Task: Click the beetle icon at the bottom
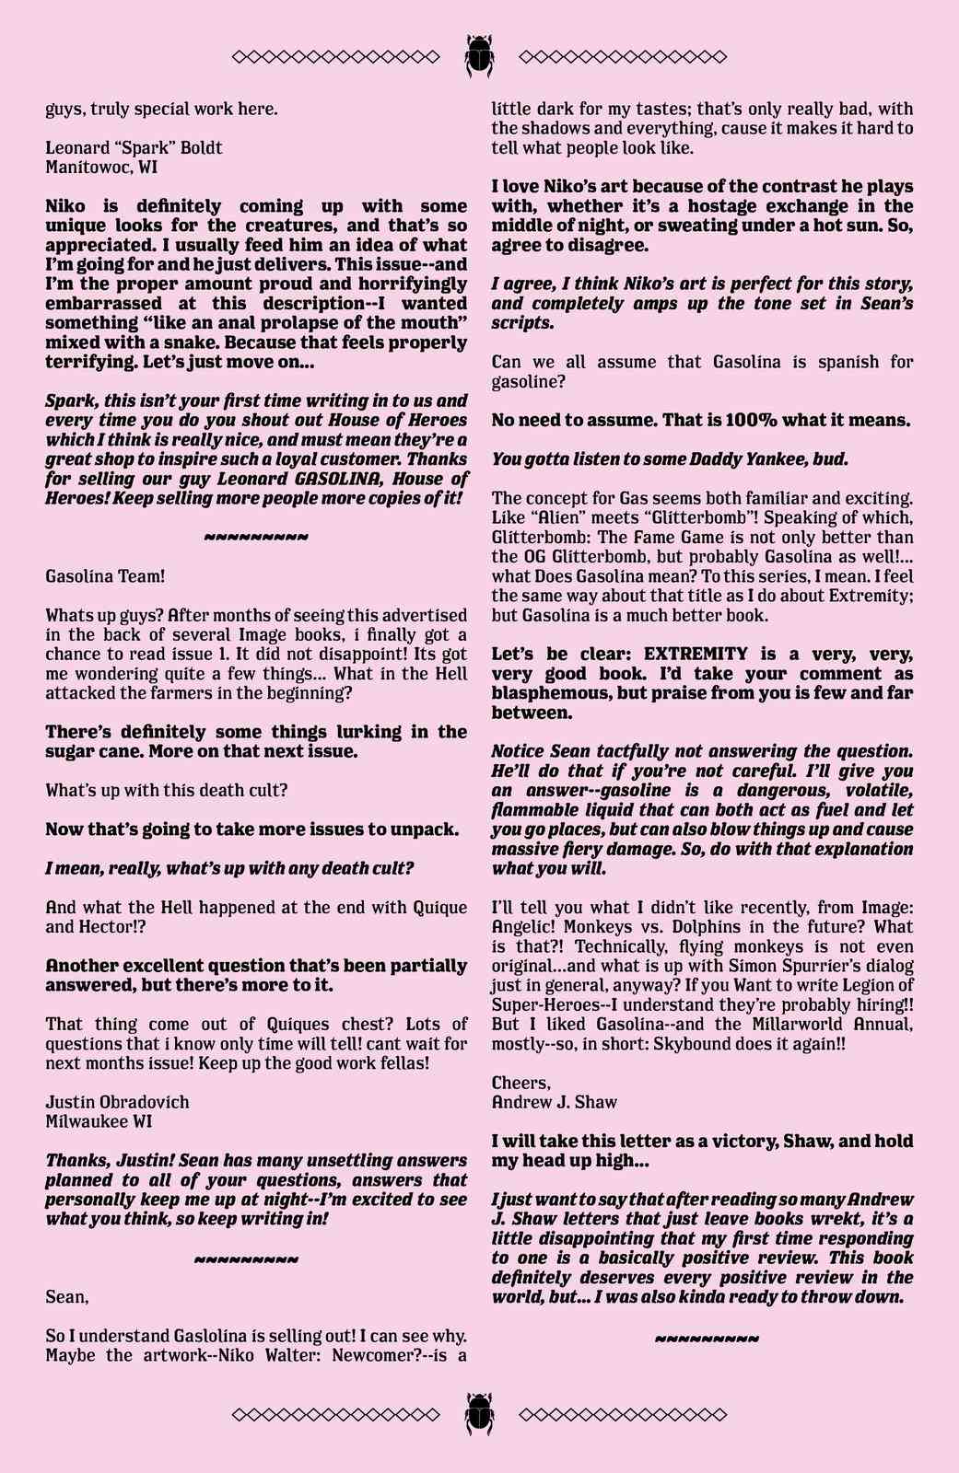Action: click(479, 1413)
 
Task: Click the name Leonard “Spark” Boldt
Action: click(134, 148)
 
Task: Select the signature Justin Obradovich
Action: click(117, 1102)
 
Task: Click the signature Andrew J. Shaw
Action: click(554, 1102)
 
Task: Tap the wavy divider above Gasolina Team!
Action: click(255, 537)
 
